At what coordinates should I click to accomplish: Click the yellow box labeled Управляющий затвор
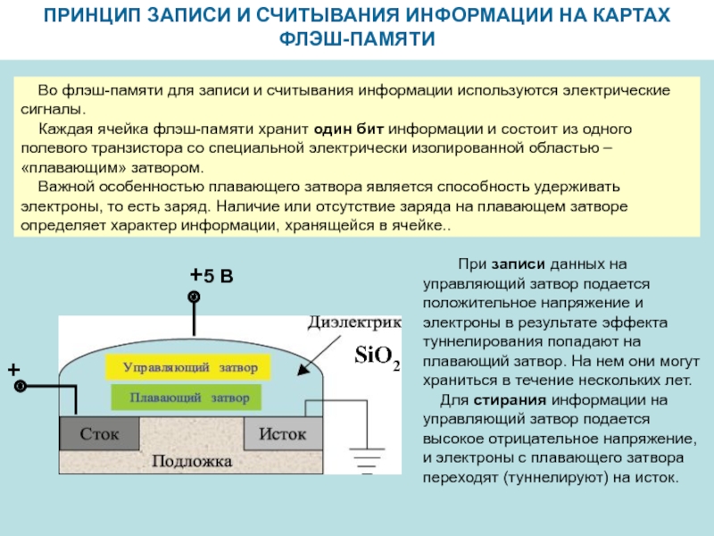click(190, 366)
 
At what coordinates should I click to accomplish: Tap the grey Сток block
click(100, 434)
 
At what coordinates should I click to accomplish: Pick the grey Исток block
click(282, 434)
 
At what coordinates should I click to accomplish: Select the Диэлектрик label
click(354, 322)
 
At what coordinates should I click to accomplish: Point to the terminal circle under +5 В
click(193, 297)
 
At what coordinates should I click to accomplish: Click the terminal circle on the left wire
click(20, 386)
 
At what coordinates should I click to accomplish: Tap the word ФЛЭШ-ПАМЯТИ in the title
click(357, 40)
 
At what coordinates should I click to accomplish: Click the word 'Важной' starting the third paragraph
click(62, 188)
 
